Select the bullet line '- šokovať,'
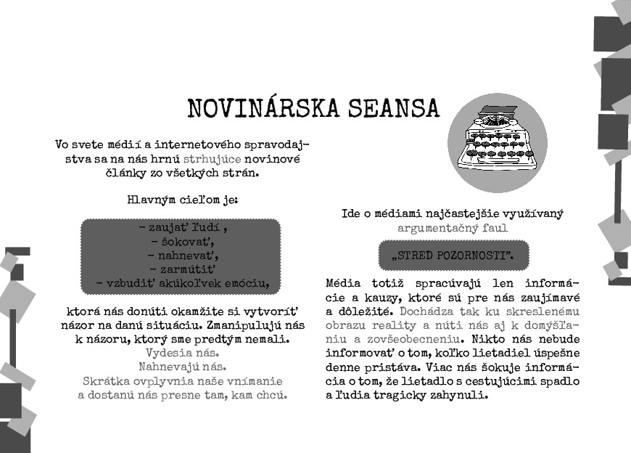point(181,241)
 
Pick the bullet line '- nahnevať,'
point(181,255)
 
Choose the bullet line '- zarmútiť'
point(181,269)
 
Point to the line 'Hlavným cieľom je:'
point(182,199)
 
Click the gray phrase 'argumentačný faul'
point(453,228)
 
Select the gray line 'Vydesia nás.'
point(182,353)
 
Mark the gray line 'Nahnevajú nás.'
point(182,367)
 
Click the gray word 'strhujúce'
point(212,158)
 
